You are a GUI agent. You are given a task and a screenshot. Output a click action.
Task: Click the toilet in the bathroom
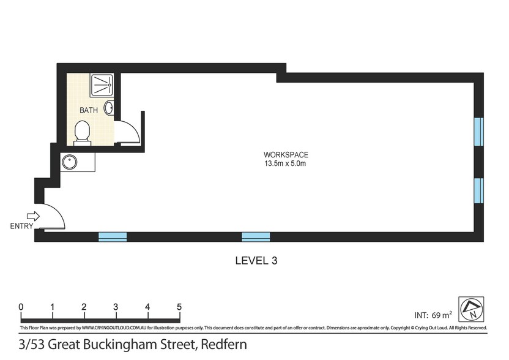(x=82, y=133)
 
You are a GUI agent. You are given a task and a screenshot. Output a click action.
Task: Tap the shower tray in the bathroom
(x=102, y=85)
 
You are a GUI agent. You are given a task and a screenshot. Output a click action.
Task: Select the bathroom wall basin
(x=109, y=108)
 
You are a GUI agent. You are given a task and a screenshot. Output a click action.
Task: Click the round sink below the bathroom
(x=70, y=162)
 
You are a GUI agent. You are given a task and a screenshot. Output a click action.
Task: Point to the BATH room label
(x=89, y=110)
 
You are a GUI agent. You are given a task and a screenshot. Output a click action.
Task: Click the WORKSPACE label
(x=286, y=155)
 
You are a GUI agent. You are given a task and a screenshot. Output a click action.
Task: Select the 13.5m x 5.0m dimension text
(x=285, y=163)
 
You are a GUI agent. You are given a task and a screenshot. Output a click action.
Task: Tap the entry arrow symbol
(x=33, y=216)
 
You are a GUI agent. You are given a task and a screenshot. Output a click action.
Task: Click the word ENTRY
(x=21, y=226)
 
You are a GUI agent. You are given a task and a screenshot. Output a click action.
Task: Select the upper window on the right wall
(x=478, y=132)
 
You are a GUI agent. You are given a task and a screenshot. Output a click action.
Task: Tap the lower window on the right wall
(x=478, y=191)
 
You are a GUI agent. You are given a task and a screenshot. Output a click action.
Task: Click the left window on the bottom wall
(x=113, y=237)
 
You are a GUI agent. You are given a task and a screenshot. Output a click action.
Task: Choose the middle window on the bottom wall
(x=256, y=237)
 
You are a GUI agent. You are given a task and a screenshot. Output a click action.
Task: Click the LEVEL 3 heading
(x=256, y=261)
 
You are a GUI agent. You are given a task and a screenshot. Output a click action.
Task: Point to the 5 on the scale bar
(x=179, y=307)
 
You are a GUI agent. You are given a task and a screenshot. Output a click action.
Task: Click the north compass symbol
(x=471, y=309)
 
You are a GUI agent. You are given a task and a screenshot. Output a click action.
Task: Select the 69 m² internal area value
(x=442, y=315)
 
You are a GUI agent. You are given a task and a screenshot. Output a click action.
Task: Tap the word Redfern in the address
(x=224, y=344)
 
